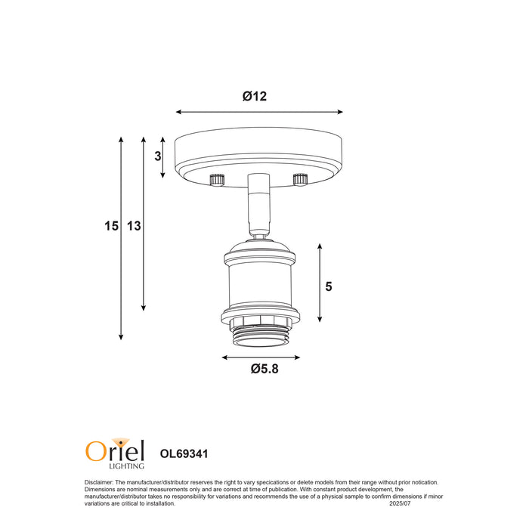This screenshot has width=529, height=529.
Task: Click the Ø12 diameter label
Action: point(255,96)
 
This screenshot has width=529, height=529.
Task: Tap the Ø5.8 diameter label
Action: point(264,369)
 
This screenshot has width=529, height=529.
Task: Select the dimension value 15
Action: point(111,226)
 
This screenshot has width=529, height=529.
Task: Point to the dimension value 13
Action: point(134,226)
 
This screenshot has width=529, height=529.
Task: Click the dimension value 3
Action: point(158,156)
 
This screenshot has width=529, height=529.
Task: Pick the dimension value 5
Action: point(329,286)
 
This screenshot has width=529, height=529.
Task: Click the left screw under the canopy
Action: point(218,179)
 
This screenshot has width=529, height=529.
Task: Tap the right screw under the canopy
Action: point(300,179)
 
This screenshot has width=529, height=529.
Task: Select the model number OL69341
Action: point(184,453)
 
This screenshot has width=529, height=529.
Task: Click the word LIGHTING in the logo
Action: point(126,466)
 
